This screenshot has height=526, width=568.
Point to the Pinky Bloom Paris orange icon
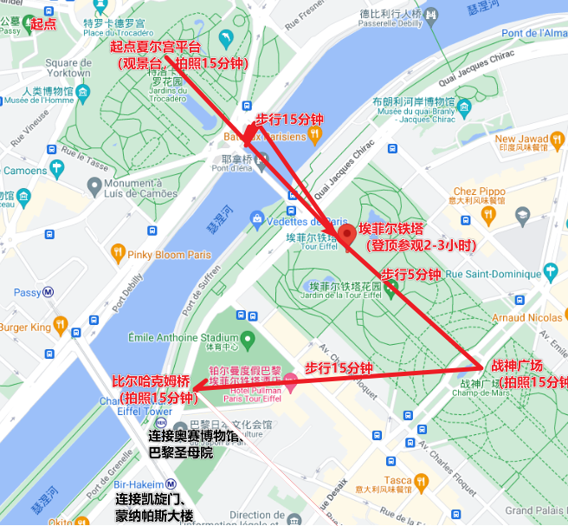point(119,255)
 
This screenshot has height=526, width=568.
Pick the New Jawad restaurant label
point(521,139)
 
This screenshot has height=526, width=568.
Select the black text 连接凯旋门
point(154,500)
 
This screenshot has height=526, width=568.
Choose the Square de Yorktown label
point(68,68)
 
